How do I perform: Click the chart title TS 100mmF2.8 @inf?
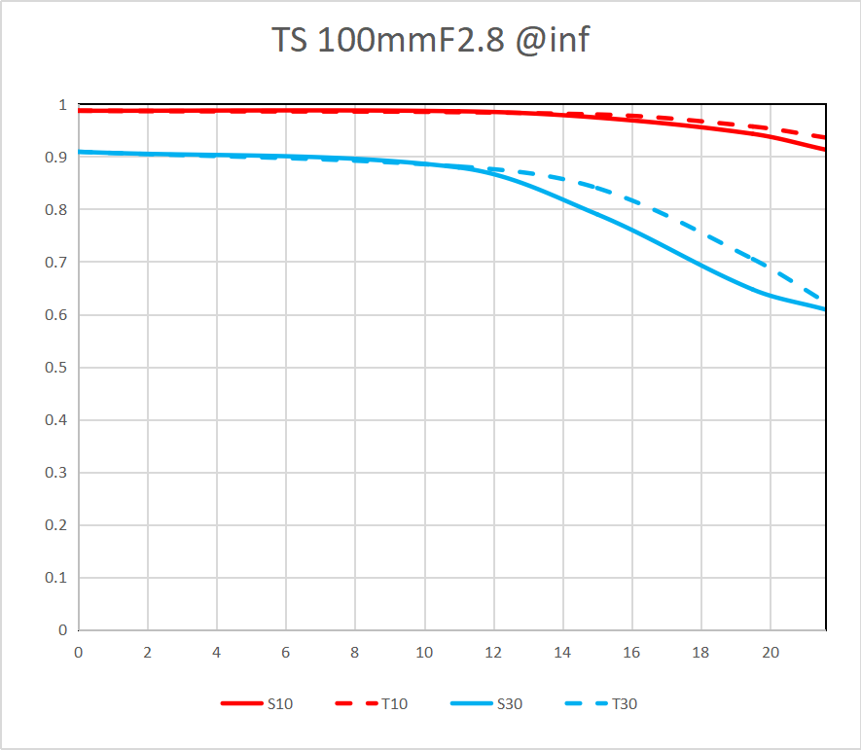(x=430, y=41)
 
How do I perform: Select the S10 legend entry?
(x=278, y=703)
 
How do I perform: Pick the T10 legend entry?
(x=394, y=703)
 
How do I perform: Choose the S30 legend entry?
(x=509, y=703)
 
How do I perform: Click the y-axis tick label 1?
(x=61, y=105)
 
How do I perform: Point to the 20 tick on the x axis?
(x=770, y=653)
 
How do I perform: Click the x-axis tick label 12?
(x=493, y=653)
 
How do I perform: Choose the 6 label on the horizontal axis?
(x=286, y=653)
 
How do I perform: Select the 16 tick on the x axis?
(x=631, y=653)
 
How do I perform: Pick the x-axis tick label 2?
(x=148, y=653)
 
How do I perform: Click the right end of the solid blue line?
(x=825, y=309)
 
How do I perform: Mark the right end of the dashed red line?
(x=825, y=137)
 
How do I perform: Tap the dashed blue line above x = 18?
(x=700, y=234)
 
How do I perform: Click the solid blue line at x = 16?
(x=631, y=230)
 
